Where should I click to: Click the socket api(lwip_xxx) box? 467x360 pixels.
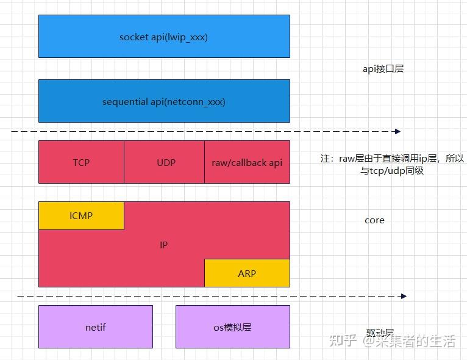[x=164, y=37]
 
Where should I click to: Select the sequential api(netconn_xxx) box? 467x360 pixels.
[x=164, y=101]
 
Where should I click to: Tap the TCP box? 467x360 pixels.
[x=81, y=162]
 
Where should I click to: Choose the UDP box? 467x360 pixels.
[x=164, y=162]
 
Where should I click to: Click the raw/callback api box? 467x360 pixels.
[x=247, y=162]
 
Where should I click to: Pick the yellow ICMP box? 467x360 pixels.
[x=81, y=215]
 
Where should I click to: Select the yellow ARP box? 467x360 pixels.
[x=247, y=273]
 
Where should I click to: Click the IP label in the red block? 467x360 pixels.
[x=163, y=245]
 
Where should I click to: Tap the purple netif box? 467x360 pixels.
[x=96, y=327]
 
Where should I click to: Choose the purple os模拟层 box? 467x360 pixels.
[x=232, y=327]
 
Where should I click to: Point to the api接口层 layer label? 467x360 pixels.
[x=383, y=69]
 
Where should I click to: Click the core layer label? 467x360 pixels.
[x=374, y=220]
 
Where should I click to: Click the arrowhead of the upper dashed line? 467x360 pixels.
[x=397, y=131]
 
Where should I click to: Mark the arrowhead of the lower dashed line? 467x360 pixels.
[x=403, y=296]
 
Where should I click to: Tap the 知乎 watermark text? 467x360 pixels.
[x=343, y=341]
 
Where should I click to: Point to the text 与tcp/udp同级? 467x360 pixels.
[x=391, y=171]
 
